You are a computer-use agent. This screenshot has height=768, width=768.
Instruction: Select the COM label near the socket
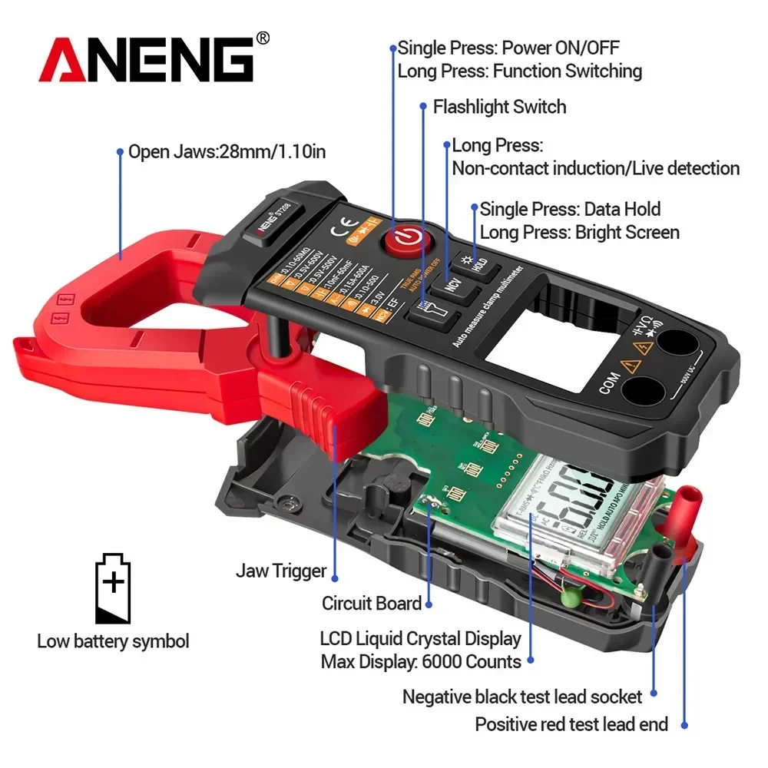click(609, 382)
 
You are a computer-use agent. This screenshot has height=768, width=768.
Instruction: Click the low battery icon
click(113, 588)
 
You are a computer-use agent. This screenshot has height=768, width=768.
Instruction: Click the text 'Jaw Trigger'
click(281, 571)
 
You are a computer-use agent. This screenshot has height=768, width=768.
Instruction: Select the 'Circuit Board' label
click(372, 604)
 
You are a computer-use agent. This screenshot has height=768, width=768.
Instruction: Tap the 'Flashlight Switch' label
click(499, 107)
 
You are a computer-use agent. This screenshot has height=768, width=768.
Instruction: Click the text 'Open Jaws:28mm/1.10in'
click(227, 152)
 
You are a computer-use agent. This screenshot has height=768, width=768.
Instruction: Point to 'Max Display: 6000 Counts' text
click(421, 661)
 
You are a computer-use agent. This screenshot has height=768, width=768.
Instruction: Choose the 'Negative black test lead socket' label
click(522, 697)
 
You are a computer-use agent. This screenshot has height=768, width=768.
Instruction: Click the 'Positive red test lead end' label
click(571, 723)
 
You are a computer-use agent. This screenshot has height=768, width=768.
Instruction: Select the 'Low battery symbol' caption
click(113, 641)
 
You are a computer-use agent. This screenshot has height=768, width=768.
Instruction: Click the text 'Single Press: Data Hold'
click(570, 209)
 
